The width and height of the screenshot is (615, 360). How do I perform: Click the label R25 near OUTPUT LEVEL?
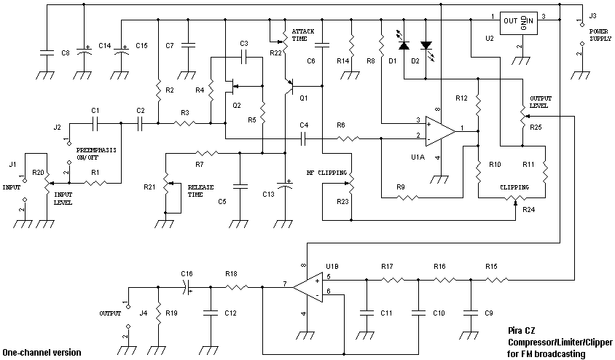(x=536, y=127)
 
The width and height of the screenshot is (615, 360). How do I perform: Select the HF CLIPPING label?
(x=321, y=173)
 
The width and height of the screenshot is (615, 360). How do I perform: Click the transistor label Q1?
(x=304, y=97)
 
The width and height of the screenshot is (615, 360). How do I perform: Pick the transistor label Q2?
(x=236, y=105)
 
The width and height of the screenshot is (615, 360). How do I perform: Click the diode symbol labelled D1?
(x=403, y=45)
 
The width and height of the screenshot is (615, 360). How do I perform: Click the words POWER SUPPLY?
(x=599, y=35)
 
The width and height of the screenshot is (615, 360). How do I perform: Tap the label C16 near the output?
(x=187, y=273)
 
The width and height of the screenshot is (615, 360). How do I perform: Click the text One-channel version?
(x=42, y=353)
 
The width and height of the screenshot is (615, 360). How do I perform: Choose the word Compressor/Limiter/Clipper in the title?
(x=560, y=342)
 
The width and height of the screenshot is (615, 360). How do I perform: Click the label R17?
(x=387, y=267)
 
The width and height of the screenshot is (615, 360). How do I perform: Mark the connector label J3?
(x=592, y=15)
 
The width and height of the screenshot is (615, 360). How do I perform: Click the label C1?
(x=95, y=110)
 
